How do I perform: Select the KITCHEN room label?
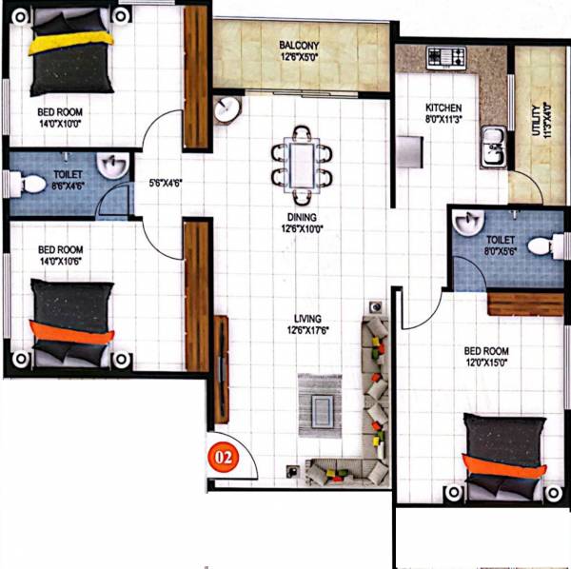(x=443, y=108)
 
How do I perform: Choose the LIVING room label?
(x=307, y=319)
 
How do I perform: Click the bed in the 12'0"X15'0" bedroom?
(x=503, y=459)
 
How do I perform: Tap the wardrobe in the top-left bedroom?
(x=196, y=76)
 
